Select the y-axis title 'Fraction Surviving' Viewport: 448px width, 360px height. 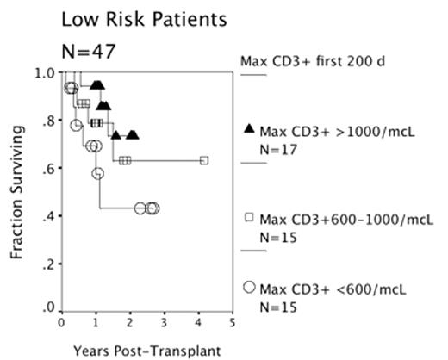[x=16, y=195]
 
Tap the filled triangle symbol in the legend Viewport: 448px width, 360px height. [x=249, y=129]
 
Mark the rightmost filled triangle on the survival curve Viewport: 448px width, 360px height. [x=132, y=135]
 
